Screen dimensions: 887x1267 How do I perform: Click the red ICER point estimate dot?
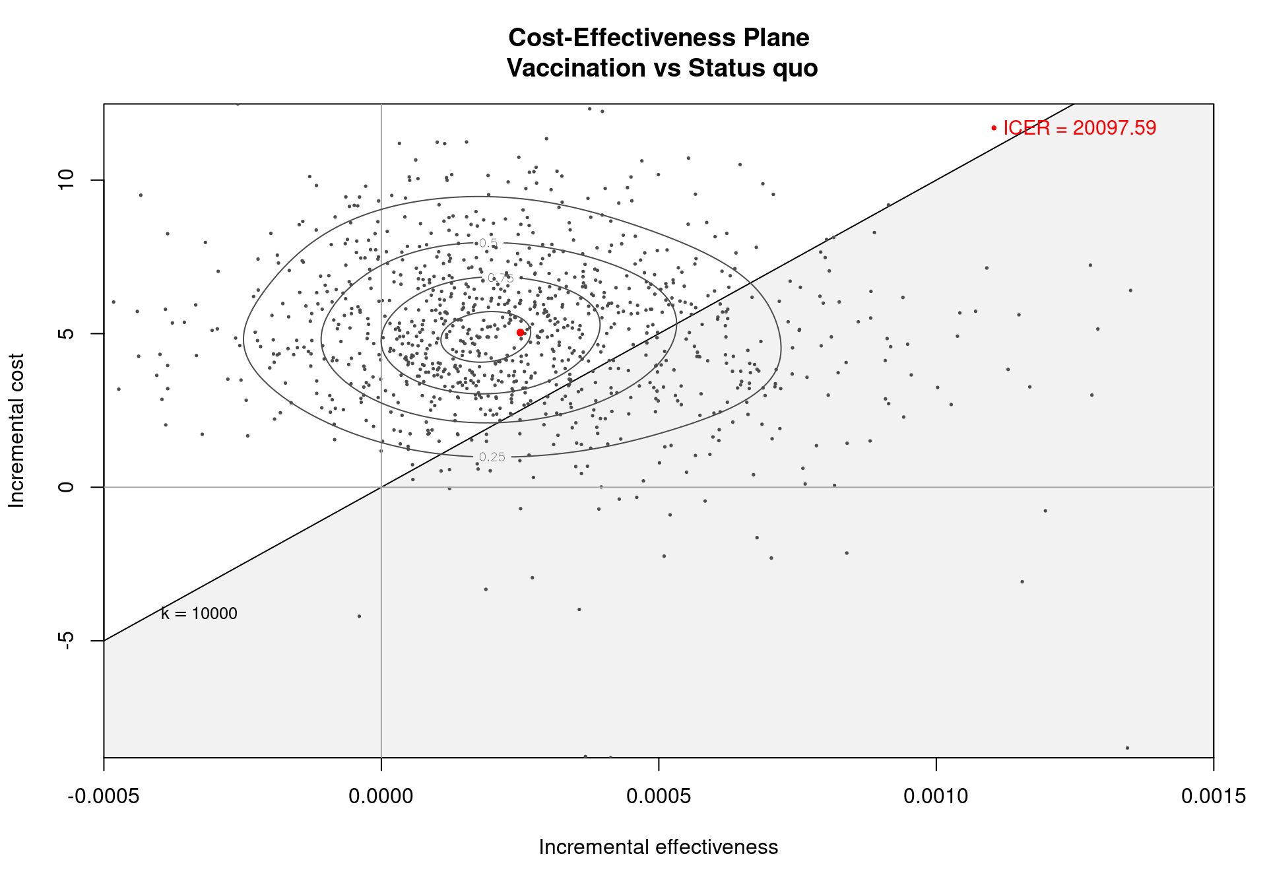[520, 333]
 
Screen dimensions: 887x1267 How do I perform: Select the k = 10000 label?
[199, 614]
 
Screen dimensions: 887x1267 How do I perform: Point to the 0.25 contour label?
[492, 457]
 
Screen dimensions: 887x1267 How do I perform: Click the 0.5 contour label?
[488, 244]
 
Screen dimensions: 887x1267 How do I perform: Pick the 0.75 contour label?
[500, 279]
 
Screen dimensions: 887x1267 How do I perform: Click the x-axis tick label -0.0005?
[104, 797]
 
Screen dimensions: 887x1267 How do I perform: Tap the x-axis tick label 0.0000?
[381, 797]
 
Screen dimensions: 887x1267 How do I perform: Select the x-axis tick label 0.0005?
[659, 797]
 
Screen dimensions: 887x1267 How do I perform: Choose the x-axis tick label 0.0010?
[936, 797]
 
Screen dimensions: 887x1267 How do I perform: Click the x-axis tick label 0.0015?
[1213, 797]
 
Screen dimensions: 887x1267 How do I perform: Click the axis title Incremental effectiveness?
[659, 847]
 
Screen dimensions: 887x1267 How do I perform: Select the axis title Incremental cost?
[16, 430]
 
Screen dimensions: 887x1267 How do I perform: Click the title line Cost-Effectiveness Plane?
[659, 38]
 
